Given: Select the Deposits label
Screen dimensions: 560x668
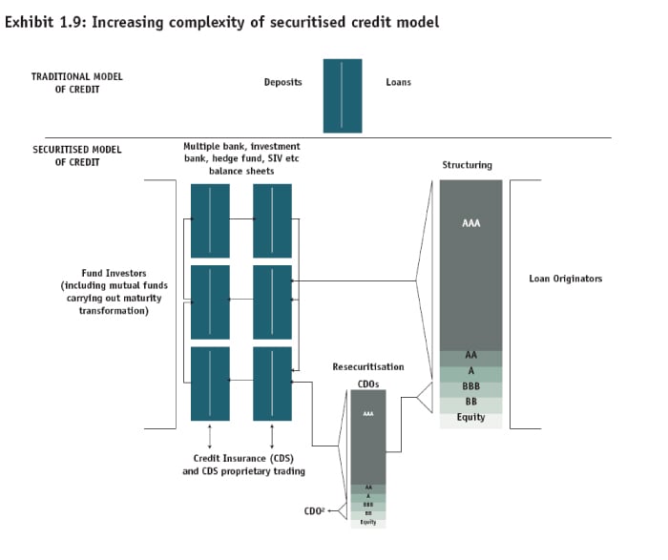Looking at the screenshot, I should [282, 82].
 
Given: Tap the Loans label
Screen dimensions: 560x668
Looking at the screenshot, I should [398, 82].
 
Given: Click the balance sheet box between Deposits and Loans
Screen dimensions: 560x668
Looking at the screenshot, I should [343, 95].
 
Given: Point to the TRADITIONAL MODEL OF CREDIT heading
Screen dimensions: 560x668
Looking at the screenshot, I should [77, 82].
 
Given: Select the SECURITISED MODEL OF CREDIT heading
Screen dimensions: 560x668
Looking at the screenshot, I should [77, 156].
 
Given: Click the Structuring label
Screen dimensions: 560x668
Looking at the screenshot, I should [467, 165].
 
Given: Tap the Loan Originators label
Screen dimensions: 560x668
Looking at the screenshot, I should [565, 279].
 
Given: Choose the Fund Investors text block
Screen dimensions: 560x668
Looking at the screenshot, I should [107, 292].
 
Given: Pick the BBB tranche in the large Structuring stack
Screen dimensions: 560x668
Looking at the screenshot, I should [470, 386].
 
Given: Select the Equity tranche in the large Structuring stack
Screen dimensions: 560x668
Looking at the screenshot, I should [470, 418].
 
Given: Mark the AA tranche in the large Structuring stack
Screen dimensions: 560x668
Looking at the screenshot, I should [470, 356].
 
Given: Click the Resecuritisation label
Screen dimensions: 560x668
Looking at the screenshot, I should [367, 366].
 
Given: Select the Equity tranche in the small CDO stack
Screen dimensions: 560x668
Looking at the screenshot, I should [368, 522].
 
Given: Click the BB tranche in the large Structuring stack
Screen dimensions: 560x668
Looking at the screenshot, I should [470, 402].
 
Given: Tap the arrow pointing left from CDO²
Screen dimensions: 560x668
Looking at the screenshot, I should [337, 512].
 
